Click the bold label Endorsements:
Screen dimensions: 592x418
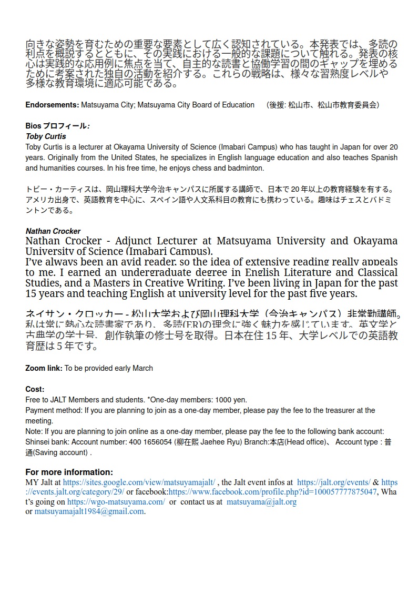coord(52,105)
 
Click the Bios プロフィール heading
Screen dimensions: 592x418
coord(57,126)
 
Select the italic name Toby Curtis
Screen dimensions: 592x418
coord(46,137)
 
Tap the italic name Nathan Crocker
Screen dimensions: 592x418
coord(53,231)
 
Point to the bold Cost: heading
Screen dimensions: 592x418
coord(35,389)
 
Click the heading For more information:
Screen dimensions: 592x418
coord(69,472)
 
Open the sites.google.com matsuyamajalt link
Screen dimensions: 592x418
coord(139,482)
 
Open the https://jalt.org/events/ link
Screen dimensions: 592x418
coord(333,482)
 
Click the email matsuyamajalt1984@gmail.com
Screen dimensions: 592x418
coord(89,511)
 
